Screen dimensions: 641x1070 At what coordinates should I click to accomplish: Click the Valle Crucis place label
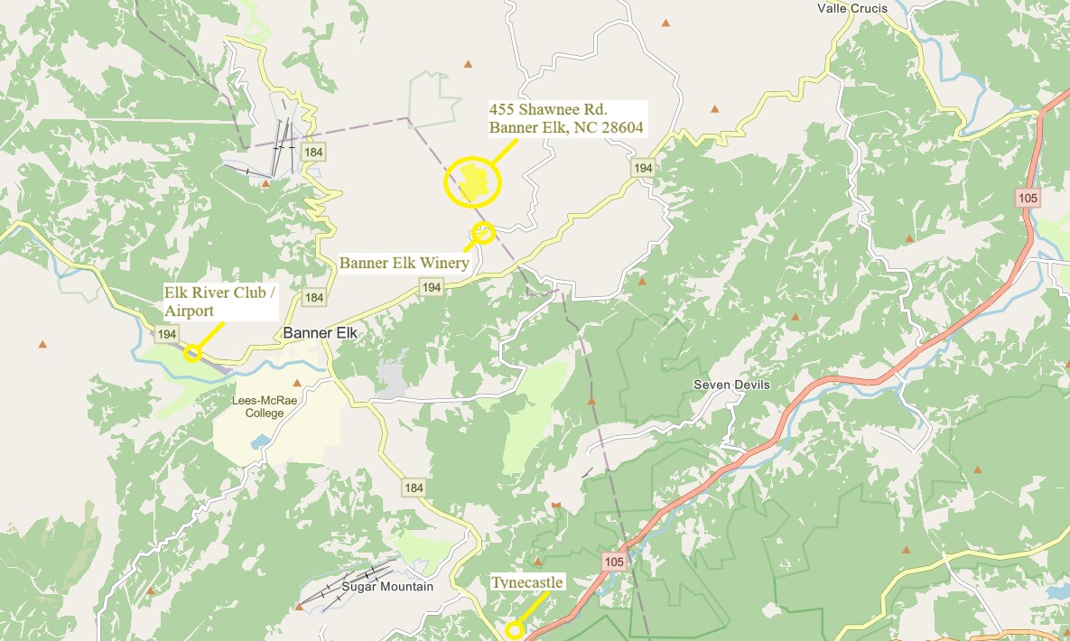pos(851,9)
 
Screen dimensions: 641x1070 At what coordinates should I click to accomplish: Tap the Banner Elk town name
pos(321,333)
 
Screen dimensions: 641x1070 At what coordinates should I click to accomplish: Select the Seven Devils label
pos(731,385)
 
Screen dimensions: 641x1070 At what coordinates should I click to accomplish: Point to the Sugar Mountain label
pos(387,587)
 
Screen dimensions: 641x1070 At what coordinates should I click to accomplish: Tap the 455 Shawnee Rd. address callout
pos(566,118)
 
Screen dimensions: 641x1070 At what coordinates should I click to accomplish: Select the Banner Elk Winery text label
pos(404,263)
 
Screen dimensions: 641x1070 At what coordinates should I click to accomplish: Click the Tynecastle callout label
pos(527,582)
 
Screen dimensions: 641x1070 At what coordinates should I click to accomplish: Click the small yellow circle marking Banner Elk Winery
pos(483,233)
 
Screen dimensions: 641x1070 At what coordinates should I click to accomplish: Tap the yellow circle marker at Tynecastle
pos(514,630)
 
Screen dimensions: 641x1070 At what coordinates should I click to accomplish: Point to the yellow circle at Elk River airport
pos(192,353)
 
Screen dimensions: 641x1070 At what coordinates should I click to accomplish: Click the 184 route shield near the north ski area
pos(313,152)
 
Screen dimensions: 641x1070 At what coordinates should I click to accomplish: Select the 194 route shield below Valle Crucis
pos(642,168)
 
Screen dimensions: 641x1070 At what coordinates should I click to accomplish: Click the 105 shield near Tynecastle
pos(614,562)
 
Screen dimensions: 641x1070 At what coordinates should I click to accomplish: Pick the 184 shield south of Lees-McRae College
pos(414,488)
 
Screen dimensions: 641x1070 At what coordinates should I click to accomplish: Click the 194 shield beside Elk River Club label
pos(166,334)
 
